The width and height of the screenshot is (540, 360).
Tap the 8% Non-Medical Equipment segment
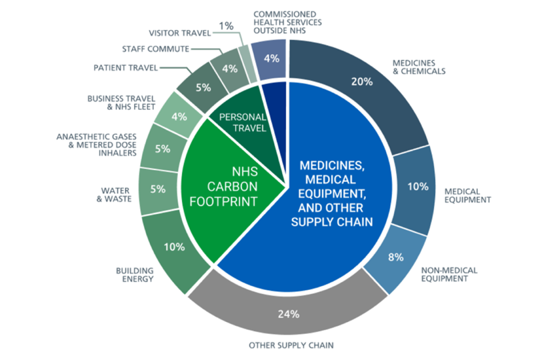pos(396,258)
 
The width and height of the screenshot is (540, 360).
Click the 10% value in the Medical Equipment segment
pos(418,187)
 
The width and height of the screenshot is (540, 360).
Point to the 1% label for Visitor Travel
pos(226,26)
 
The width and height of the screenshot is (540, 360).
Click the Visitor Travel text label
pos(180,33)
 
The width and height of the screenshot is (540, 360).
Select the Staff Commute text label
pos(156,49)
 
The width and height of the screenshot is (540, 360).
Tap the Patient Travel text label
pos(126,68)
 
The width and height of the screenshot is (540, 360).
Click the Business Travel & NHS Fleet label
pos(121,103)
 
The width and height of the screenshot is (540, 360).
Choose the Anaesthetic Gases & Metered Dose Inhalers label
pos(96,145)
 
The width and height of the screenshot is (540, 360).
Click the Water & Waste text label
pos(114,194)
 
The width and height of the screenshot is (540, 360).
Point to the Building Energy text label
pos(135,275)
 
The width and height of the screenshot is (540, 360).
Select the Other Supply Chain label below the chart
pos(291,345)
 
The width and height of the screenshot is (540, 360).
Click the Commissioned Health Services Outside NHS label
pos(287,22)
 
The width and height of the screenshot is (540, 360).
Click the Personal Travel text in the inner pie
pos(243,122)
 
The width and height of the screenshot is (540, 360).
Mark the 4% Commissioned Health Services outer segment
pos(269,60)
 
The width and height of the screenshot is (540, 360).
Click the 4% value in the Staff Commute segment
pos(230,69)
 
